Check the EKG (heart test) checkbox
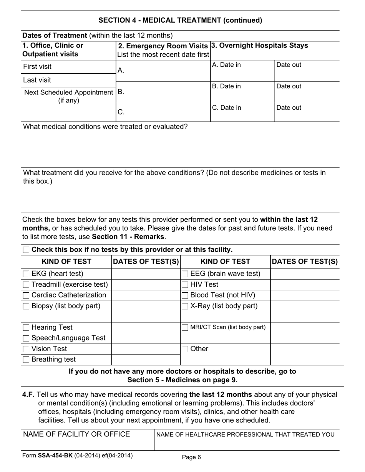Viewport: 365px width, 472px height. [x=26, y=274]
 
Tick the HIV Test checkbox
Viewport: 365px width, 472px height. [x=185, y=285]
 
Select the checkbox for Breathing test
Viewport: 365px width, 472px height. [x=26, y=360]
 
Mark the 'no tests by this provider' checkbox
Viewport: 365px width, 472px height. [x=26, y=250]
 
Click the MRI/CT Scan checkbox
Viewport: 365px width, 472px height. [x=185, y=328]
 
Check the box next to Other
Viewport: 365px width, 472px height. [x=185, y=349]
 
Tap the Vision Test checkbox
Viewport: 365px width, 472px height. [x=26, y=349]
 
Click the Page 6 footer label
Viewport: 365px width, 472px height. [x=191, y=457]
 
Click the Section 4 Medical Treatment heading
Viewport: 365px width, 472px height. [x=180, y=20]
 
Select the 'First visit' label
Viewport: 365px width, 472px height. [x=37, y=67]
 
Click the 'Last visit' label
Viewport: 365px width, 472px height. [x=37, y=80]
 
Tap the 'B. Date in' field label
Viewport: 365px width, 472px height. [x=227, y=86]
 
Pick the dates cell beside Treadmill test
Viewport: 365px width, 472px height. [x=146, y=285]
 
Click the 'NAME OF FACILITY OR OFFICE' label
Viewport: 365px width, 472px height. [x=76, y=434]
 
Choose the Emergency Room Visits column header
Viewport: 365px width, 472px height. [x=164, y=46]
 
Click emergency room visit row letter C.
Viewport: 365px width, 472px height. [x=121, y=112]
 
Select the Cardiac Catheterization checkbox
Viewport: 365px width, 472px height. [x=26, y=295]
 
